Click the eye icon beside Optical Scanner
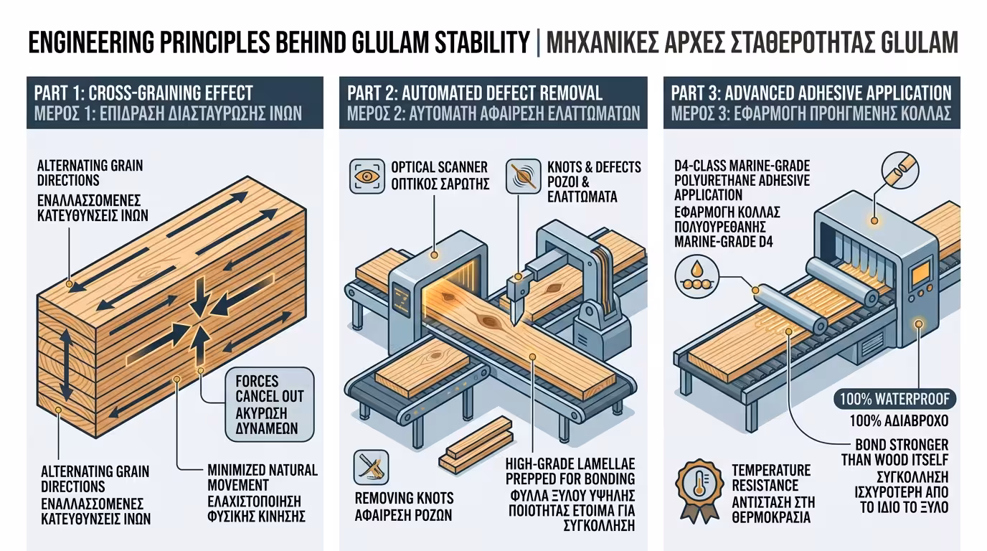pyautogui.click(x=364, y=176)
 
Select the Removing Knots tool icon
pyautogui.click(x=372, y=467)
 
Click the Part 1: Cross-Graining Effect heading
pyautogui.click(x=143, y=93)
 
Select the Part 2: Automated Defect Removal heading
pyautogui.click(x=475, y=93)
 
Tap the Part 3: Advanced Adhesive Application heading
pyautogui.click(x=811, y=93)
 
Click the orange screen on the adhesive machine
pyautogui.click(x=920, y=273)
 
